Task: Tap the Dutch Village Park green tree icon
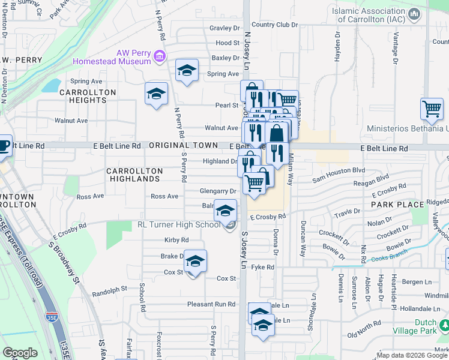coord(444,325)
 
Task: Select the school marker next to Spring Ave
coord(187,70)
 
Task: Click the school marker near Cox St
coord(195,261)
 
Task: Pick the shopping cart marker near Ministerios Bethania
coord(432,109)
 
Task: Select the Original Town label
coord(184,145)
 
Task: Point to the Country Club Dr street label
coord(275,25)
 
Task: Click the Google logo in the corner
coord(20,353)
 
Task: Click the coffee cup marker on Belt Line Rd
coord(3,145)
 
